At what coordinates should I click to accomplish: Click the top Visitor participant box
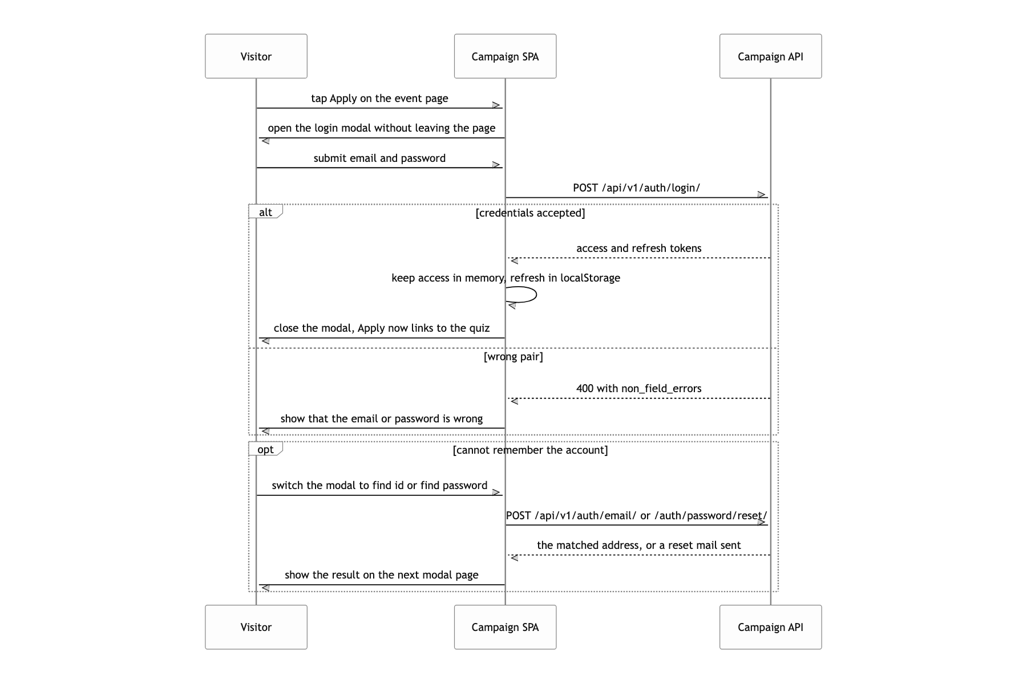(256, 56)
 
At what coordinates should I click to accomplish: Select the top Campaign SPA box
(505, 56)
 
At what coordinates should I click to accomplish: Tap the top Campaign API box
(770, 56)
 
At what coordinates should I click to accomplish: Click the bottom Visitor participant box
(256, 627)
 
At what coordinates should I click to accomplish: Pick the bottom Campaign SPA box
(505, 627)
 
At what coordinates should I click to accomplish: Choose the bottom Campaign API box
(770, 627)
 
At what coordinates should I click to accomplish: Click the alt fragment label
(265, 212)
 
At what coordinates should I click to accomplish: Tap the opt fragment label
(265, 449)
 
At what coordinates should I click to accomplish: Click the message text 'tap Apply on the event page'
(379, 98)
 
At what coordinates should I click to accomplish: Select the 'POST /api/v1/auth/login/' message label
(636, 188)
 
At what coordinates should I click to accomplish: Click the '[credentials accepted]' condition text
(530, 213)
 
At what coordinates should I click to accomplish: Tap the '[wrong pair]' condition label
(513, 356)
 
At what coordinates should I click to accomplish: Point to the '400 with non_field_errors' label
(638, 388)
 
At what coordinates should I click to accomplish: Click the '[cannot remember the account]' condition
(530, 450)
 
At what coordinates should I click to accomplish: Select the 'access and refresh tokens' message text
(638, 248)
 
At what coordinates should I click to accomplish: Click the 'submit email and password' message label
(379, 158)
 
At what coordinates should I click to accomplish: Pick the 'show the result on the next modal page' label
(381, 575)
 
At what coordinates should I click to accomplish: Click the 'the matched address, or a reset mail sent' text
(638, 545)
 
